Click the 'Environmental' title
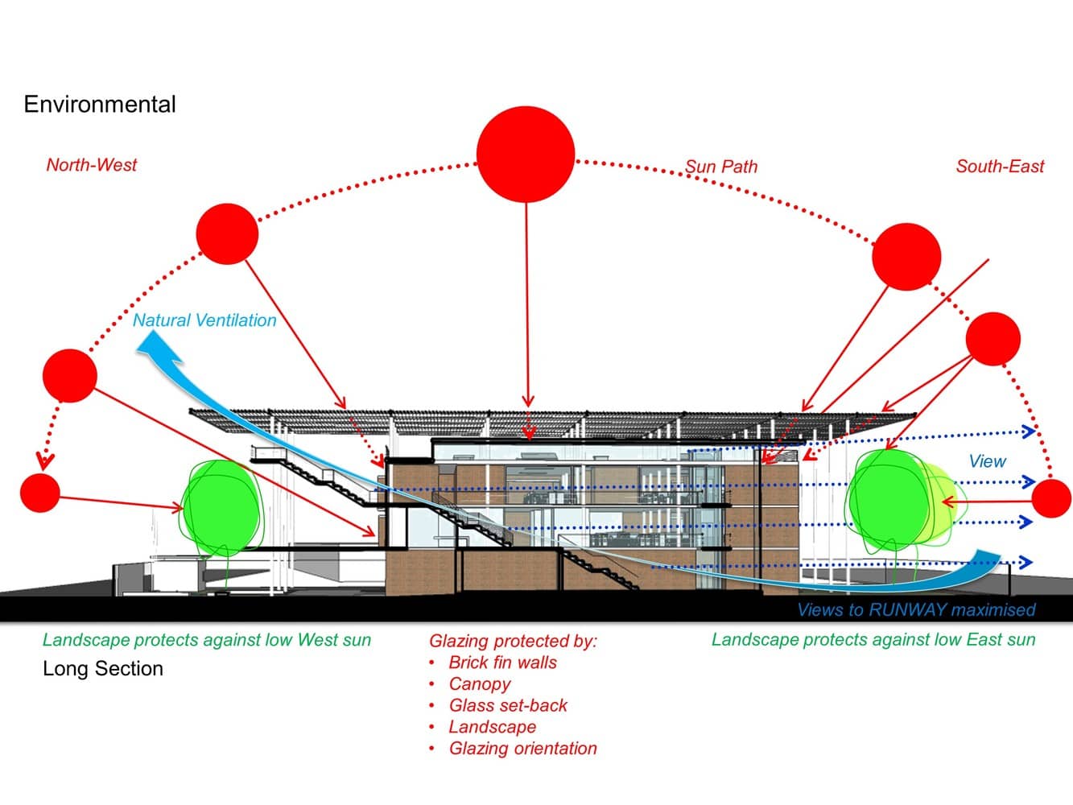pyautogui.click(x=100, y=105)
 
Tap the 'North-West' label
pyautogui.click(x=92, y=165)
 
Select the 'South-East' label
pyautogui.click(x=1000, y=166)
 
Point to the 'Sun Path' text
pyautogui.click(x=720, y=167)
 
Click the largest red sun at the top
pyautogui.click(x=526, y=154)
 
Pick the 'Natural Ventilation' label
pyautogui.click(x=204, y=320)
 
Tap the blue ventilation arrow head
pyautogui.click(x=159, y=347)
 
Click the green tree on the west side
pyautogui.click(x=222, y=508)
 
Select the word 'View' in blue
pyautogui.click(x=987, y=461)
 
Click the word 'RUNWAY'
pyautogui.click(x=908, y=610)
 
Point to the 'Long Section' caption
pyautogui.click(x=103, y=669)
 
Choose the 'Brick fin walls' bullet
pyautogui.click(x=502, y=663)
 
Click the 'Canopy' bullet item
pyautogui.click(x=480, y=684)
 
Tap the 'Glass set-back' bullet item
pyautogui.click(x=508, y=706)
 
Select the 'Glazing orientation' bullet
pyautogui.click(x=522, y=749)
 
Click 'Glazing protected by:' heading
pyautogui.click(x=514, y=642)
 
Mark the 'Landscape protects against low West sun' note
pyautogui.click(x=207, y=640)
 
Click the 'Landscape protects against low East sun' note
pyautogui.click(x=873, y=639)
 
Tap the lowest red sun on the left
pyautogui.click(x=40, y=493)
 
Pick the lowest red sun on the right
pyautogui.click(x=1051, y=498)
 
